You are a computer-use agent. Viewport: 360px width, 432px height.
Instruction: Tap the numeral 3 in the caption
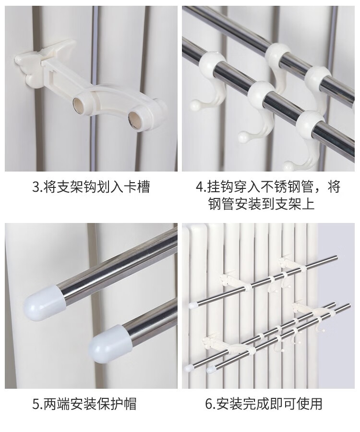(x=36, y=187)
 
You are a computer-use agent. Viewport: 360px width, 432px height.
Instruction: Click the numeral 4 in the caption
(x=199, y=187)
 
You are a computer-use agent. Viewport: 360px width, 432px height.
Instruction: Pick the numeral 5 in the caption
(x=36, y=404)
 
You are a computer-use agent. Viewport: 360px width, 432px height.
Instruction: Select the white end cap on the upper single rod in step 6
(x=192, y=305)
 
